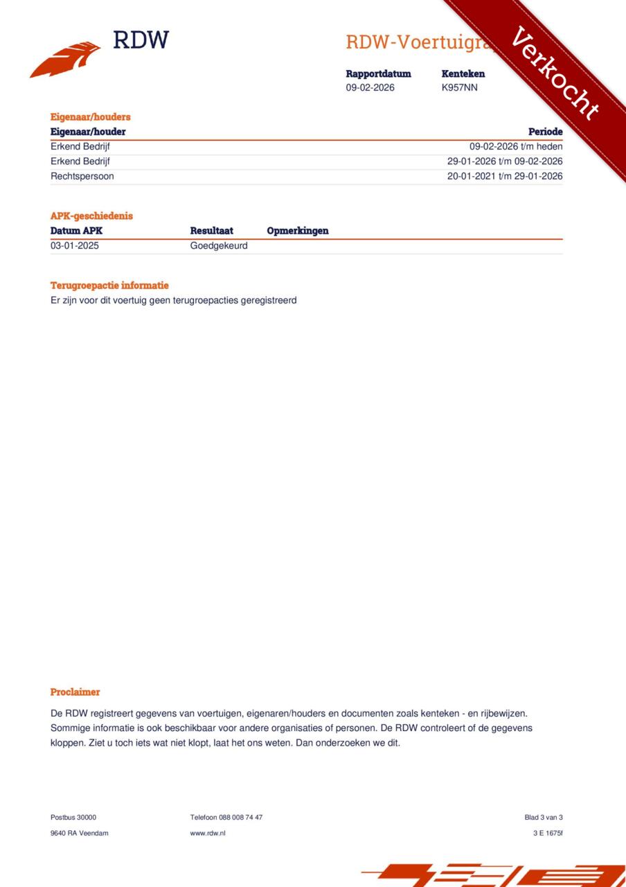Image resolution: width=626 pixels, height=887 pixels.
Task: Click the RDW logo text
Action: [x=141, y=40]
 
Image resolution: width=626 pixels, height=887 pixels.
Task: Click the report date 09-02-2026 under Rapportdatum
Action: [x=370, y=88]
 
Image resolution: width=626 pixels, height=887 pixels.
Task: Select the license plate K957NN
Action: [x=459, y=88]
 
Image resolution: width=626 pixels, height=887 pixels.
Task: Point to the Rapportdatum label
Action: [x=378, y=73]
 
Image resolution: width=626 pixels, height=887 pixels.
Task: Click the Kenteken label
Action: [x=463, y=73]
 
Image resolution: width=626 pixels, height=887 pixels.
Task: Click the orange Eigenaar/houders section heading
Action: [x=90, y=117]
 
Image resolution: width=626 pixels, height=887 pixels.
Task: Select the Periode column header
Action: [x=545, y=132]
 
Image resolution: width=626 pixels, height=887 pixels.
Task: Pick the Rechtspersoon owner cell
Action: [x=82, y=176]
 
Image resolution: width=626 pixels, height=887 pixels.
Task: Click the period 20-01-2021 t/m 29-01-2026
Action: [x=505, y=176]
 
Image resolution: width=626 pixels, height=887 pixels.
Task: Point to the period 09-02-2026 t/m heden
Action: [x=516, y=147]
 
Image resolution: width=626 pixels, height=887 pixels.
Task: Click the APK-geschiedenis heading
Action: [x=91, y=216]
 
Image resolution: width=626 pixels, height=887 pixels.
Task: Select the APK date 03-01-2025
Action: [x=74, y=246]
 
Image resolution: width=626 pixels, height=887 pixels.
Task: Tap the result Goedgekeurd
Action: [x=219, y=246]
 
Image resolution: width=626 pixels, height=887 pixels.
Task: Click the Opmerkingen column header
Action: [x=297, y=231]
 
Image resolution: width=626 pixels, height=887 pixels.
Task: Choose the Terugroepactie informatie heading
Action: [x=109, y=286]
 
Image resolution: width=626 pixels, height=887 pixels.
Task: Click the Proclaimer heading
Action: [x=75, y=692]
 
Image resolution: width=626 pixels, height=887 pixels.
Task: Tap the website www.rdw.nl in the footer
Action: [x=208, y=833]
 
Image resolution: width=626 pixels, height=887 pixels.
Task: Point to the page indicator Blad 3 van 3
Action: [x=544, y=818]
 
